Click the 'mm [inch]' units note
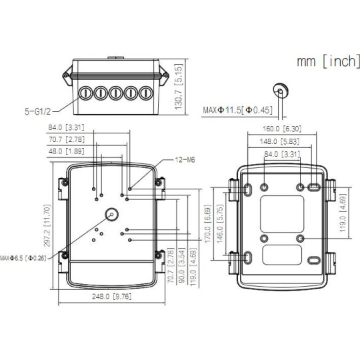click(x=328, y=61)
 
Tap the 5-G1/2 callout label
click(x=37, y=111)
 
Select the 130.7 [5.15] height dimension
click(x=179, y=87)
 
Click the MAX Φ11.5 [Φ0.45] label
click(x=237, y=110)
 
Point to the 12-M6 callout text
click(x=185, y=160)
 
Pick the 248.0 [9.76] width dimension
click(x=112, y=297)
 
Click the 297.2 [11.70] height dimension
click(x=47, y=225)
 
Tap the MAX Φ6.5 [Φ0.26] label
click(x=23, y=258)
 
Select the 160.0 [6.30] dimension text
click(x=282, y=129)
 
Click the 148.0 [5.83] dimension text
click(x=279, y=141)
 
